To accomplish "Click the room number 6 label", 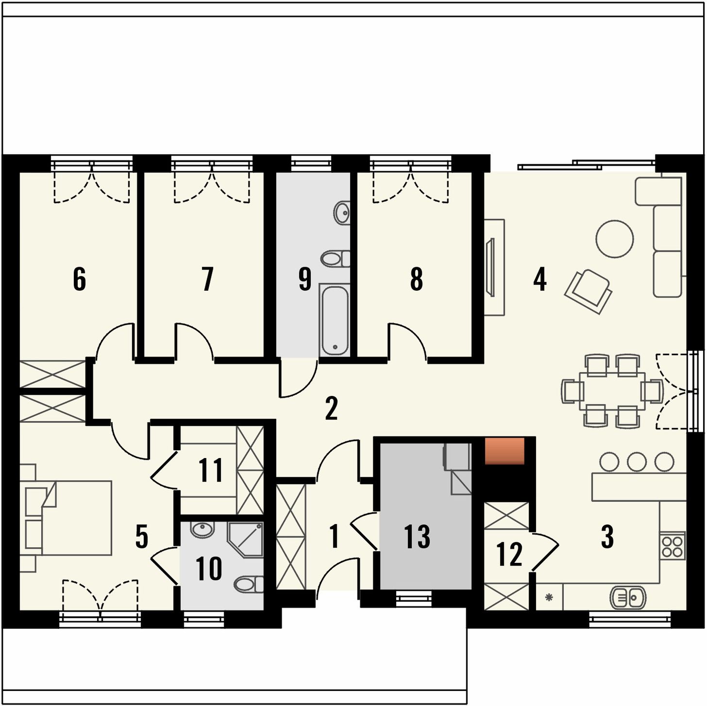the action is click(79, 279).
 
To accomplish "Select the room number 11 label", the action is click(211, 470).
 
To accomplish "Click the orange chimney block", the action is click(505, 451).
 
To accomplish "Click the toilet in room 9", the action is click(336, 259).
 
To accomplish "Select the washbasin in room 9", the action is click(342, 213).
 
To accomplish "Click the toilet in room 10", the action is click(249, 584).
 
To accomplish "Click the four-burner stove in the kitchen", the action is click(673, 546).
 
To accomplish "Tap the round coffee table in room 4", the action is click(615, 239).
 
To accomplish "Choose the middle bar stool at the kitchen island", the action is click(637, 462).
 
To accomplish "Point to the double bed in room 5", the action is click(76, 517).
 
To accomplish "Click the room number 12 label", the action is click(509, 555).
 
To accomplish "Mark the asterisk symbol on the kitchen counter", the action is click(549, 597).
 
